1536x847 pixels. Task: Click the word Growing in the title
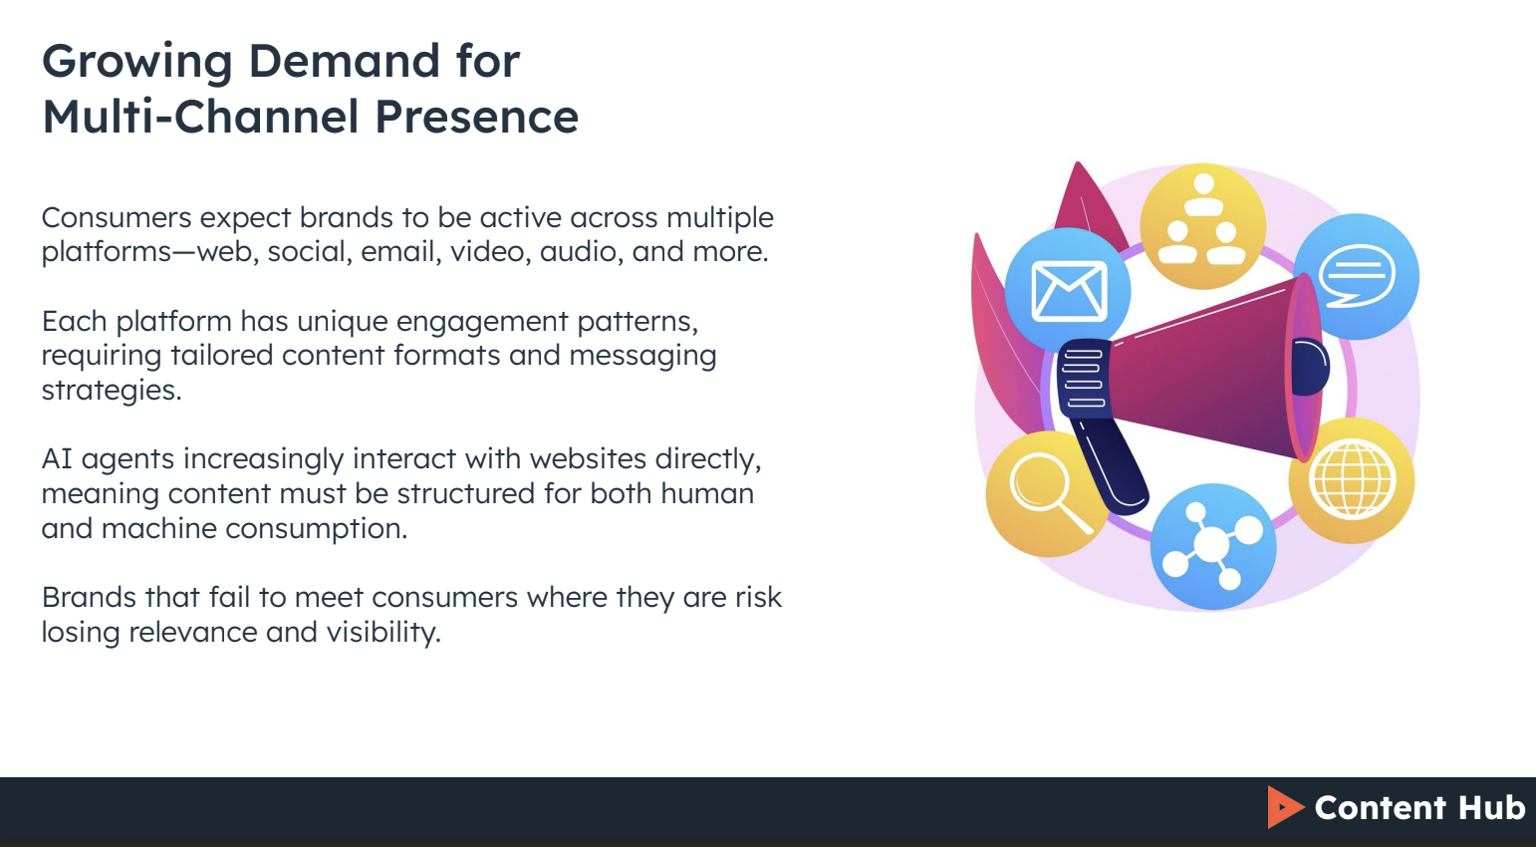click(137, 62)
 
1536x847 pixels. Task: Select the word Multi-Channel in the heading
click(200, 117)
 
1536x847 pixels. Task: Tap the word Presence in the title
click(476, 117)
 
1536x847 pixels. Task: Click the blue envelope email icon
click(1068, 290)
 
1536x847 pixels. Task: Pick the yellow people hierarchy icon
click(1202, 225)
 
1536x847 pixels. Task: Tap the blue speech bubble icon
click(1356, 276)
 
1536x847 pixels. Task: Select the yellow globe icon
click(1352, 480)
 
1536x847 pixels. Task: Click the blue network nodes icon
click(1212, 545)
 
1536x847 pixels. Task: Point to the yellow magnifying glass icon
click(1044, 492)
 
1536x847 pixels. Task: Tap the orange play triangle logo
click(1284, 807)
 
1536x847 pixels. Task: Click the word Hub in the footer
click(1491, 807)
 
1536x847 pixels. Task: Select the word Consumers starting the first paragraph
click(117, 217)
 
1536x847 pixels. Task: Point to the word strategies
click(111, 390)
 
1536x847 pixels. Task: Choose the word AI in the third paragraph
click(57, 458)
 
